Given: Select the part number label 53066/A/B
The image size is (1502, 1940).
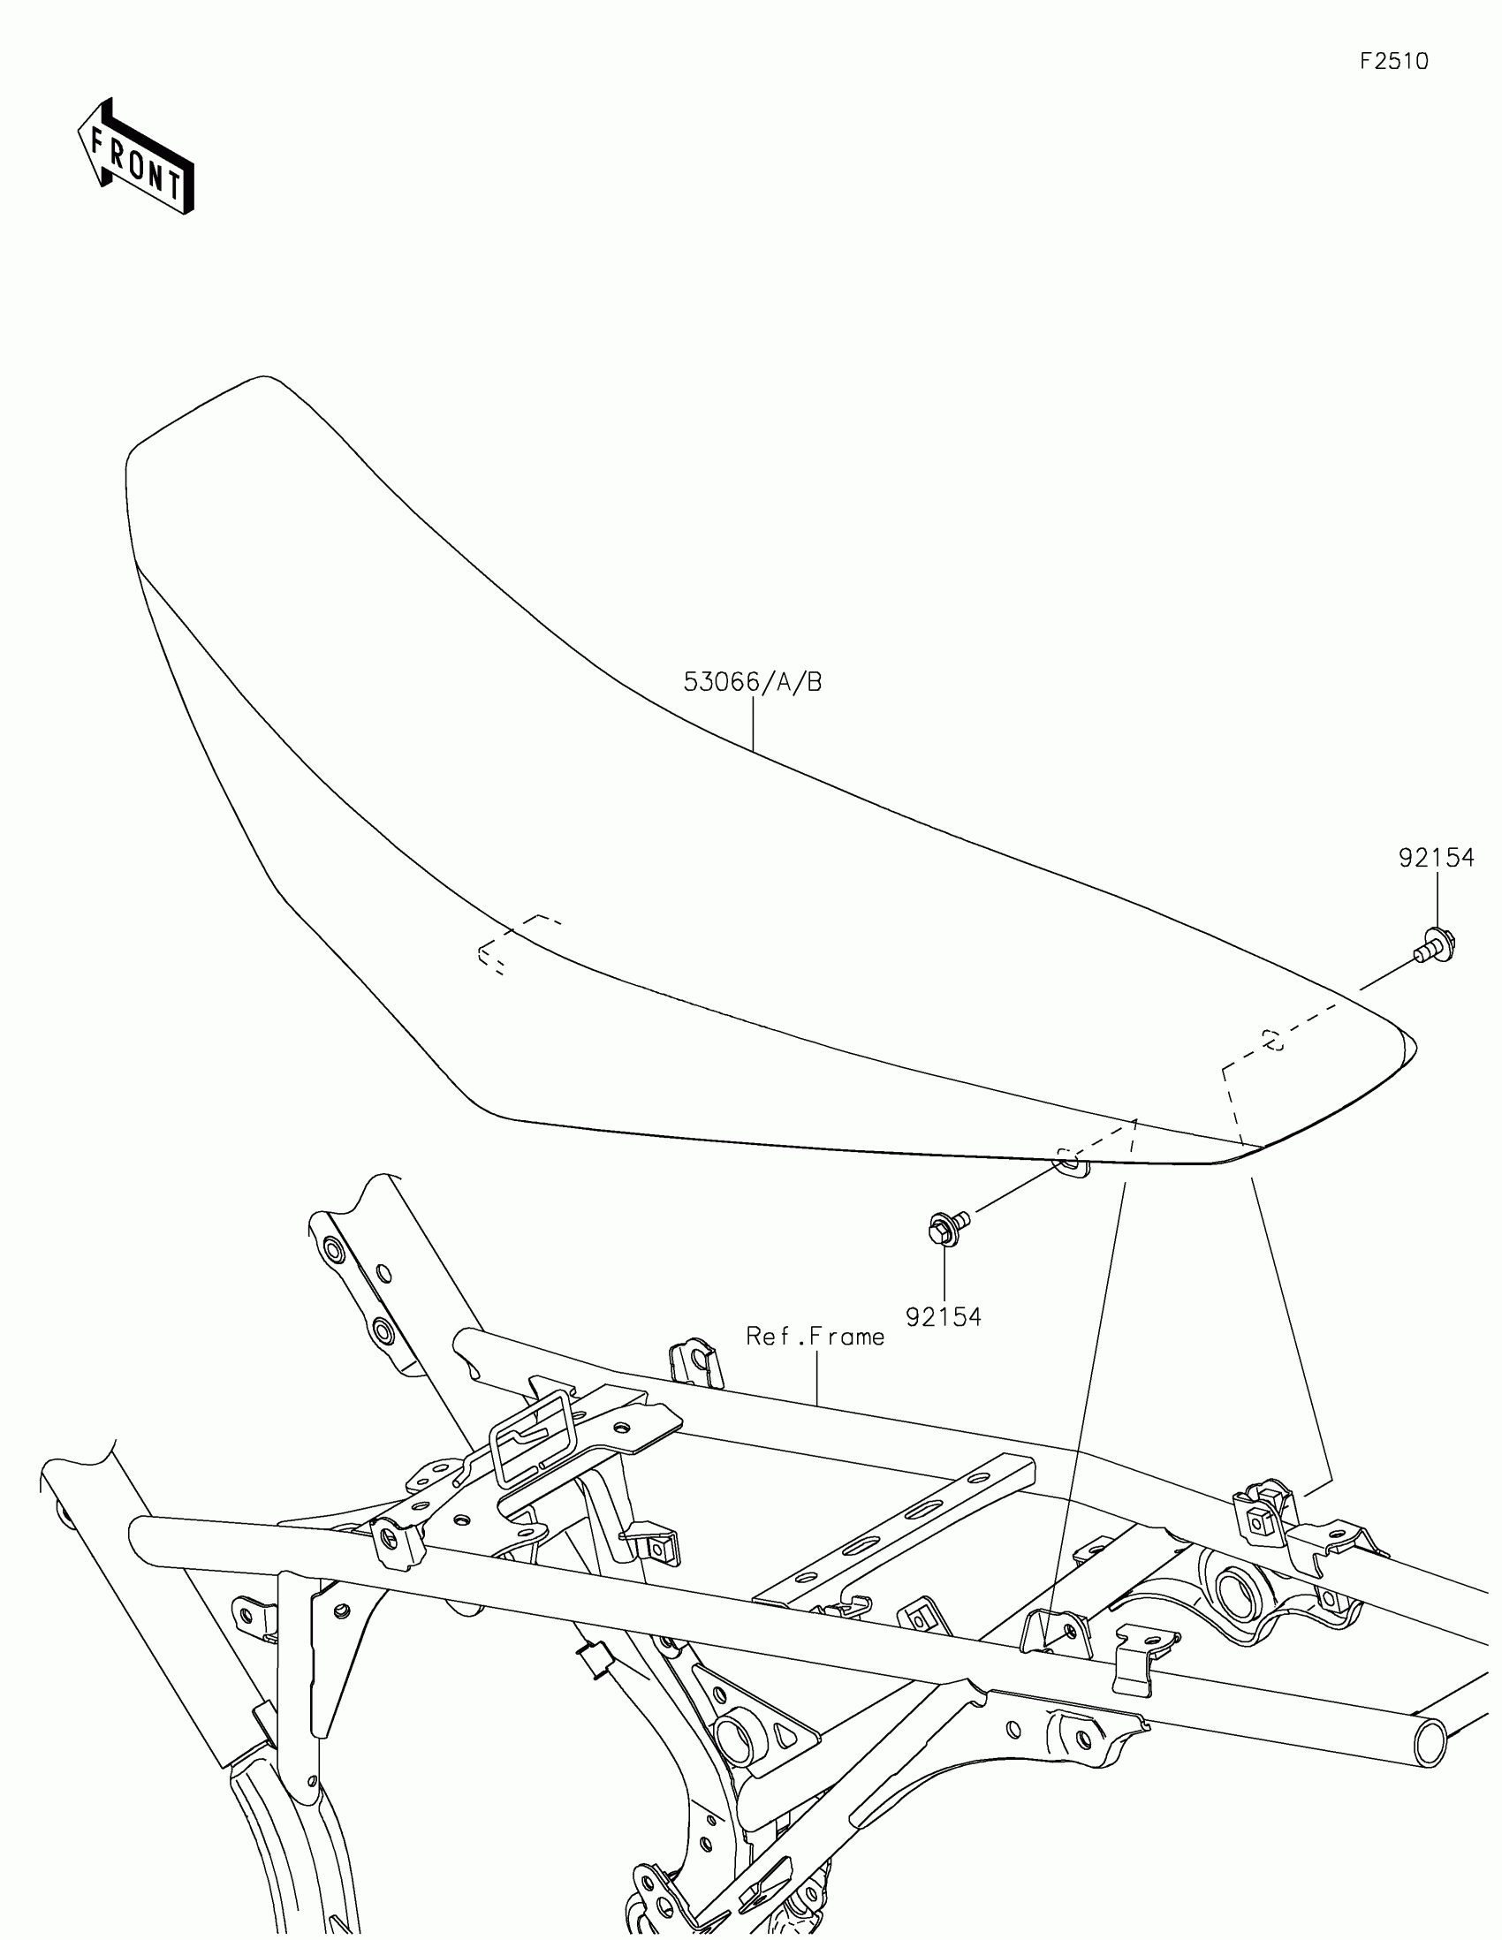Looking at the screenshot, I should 753,682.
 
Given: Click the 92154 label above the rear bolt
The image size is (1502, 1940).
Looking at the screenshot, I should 1437,857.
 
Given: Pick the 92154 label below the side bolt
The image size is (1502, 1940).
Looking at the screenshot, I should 944,1316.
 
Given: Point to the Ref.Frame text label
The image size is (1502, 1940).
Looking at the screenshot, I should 815,1360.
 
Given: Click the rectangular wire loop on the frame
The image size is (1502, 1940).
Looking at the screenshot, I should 531,1438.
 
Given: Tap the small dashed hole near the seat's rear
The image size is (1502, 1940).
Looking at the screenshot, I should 1272,1039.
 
